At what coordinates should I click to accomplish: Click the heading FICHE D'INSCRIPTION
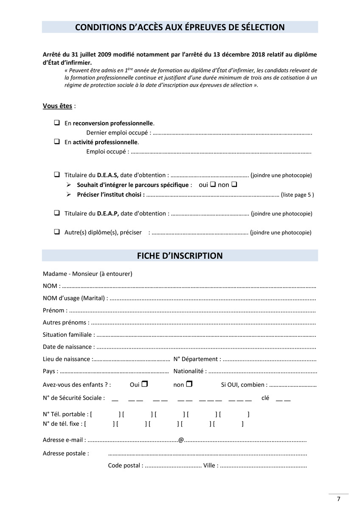[180, 256]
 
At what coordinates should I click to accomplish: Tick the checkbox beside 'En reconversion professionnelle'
[56, 123]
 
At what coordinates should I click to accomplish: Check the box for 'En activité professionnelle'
[56, 142]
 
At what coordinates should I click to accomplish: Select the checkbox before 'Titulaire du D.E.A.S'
[56, 174]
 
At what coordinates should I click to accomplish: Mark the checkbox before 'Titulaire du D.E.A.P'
[56, 213]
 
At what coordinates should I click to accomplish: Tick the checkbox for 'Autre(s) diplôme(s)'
[56, 232]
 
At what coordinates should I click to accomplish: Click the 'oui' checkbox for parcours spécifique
[213, 185]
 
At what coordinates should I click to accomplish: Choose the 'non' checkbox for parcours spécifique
[234, 185]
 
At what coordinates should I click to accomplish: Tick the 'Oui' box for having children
[145, 384]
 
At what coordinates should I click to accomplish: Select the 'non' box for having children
[189, 384]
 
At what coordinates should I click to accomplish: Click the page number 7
[338, 499]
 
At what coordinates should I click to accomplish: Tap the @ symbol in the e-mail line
[181, 440]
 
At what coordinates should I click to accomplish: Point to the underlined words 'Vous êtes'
[57, 106]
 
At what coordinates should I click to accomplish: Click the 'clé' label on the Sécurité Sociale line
[265, 398]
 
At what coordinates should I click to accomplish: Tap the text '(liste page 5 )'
[297, 195]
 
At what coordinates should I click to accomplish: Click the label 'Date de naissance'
[67, 347]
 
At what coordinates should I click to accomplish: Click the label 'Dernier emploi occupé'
[118, 133]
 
